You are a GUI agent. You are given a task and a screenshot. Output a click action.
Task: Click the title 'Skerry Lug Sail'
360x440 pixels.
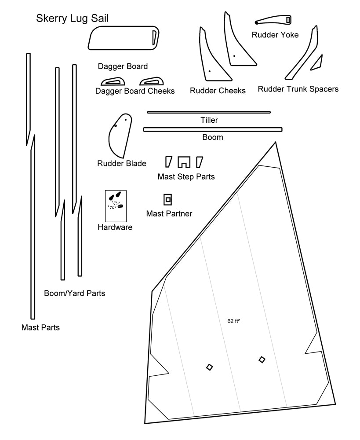pyautogui.click(x=73, y=18)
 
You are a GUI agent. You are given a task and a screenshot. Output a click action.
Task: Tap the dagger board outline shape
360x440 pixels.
pyautogui.click(x=123, y=38)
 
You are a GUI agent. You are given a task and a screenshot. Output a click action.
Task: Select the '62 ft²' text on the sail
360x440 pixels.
pyautogui.click(x=233, y=321)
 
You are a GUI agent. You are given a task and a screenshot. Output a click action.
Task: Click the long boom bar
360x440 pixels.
pyautogui.click(x=212, y=129)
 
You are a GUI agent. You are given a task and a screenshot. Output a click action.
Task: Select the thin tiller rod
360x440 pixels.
pyautogui.click(x=209, y=112)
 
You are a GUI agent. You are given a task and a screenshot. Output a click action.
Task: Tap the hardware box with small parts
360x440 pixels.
pyautogui.click(x=116, y=206)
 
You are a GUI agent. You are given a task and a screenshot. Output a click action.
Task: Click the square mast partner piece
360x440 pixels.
pyautogui.click(x=167, y=200)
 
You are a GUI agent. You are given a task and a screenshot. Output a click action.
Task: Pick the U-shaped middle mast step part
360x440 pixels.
pyautogui.click(x=184, y=162)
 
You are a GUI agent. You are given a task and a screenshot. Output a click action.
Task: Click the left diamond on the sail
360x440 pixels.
pyautogui.click(x=210, y=367)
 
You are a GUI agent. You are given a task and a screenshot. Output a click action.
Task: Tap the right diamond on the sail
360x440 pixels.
pyautogui.click(x=262, y=359)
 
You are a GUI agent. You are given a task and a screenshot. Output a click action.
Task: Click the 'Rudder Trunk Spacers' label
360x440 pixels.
pyautogui.click(x=298, y=89)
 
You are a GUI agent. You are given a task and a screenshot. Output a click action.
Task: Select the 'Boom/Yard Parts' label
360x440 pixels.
pyautogui.click(x=75, y=293)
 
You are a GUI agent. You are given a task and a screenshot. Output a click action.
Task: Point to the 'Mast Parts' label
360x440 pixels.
pyautogui.click(x=40, y=327)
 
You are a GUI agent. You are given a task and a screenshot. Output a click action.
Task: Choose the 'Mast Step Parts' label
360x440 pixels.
pyautogui.click(x=186, y=176)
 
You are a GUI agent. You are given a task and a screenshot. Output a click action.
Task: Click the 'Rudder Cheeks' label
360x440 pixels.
pyautogui.click(x=218, y=91)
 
